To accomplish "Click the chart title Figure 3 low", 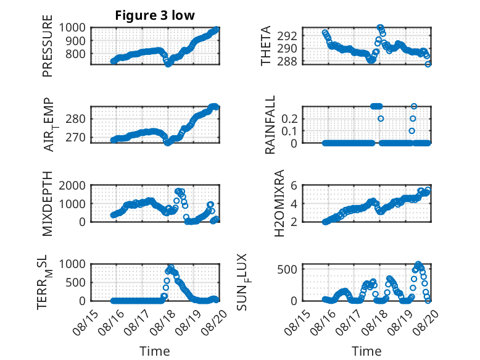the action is pos(155,15).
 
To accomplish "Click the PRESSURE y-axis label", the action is pos(48,46).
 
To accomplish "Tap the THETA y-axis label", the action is pos(266,46).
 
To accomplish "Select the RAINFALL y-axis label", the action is pos(270,125).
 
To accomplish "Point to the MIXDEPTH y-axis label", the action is pos(48,204).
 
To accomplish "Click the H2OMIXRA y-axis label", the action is pos(279,203).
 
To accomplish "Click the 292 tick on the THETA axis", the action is pos(287,36).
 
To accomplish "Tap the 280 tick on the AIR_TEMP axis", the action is pos(76,119).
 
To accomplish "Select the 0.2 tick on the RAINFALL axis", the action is pos(289,119).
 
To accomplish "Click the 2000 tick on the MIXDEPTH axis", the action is pos(72,185).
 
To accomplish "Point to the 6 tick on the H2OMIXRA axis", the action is pos(294,185).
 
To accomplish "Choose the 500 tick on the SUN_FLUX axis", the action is pos(287,269).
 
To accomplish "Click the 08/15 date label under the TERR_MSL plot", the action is pos(85,322).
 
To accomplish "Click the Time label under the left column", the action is pos(155,351).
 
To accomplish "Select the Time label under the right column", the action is pos(366,351).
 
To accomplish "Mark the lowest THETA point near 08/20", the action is pos(428,64).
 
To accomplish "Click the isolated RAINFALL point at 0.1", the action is pos(412,131).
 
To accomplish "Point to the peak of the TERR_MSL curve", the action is pos(171,267).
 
